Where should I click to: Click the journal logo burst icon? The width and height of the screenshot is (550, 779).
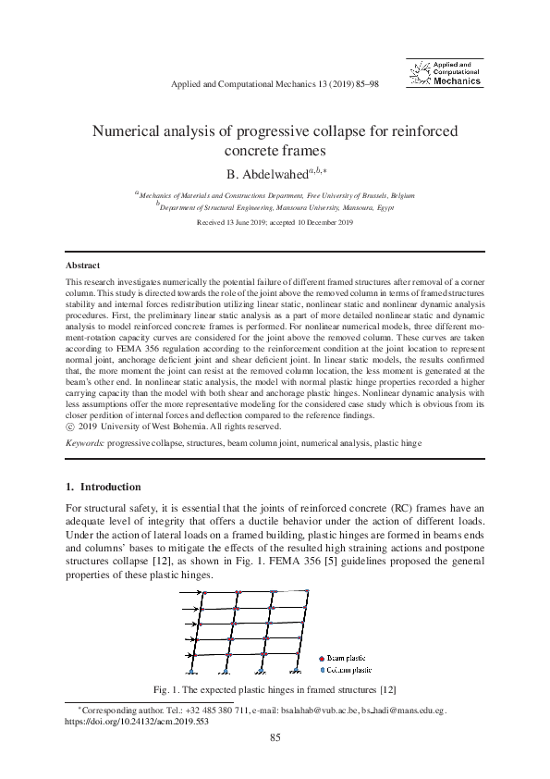pyautogui.click(x=420, y=73)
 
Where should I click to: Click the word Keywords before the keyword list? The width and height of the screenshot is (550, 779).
pyautogui.click(x=84, y=444)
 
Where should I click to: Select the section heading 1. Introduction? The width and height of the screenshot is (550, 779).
pyautogui.click(x=104, y=487)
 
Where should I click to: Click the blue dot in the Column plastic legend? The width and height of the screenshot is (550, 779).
pyautogui.click(x=321, y=670)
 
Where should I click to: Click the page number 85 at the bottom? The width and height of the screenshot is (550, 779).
pyautogui.click(x=275, y=736)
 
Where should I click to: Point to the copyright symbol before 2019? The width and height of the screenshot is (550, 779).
pyautogui.click(x=70, y=427)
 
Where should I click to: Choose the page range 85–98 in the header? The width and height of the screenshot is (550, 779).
pyautogui.click(x=361, y=84)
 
